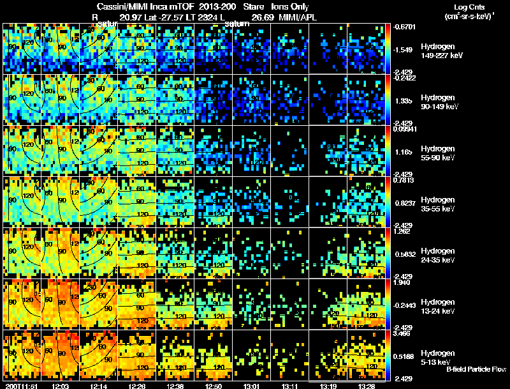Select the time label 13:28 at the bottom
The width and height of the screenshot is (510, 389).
point(366,386)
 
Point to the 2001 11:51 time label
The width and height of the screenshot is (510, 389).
point(20,386)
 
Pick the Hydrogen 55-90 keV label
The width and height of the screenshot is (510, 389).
point(437,153)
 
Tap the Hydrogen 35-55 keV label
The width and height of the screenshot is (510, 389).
point(437,204)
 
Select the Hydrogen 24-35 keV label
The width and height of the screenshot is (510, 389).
point(437,256)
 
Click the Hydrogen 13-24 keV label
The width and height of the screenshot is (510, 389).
point(437,306)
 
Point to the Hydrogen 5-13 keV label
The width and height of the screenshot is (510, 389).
point(436,357)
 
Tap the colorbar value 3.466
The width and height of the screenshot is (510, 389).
point(405,333)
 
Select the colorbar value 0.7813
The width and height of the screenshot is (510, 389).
point(405,180)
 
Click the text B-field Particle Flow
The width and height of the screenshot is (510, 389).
point(476,369)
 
